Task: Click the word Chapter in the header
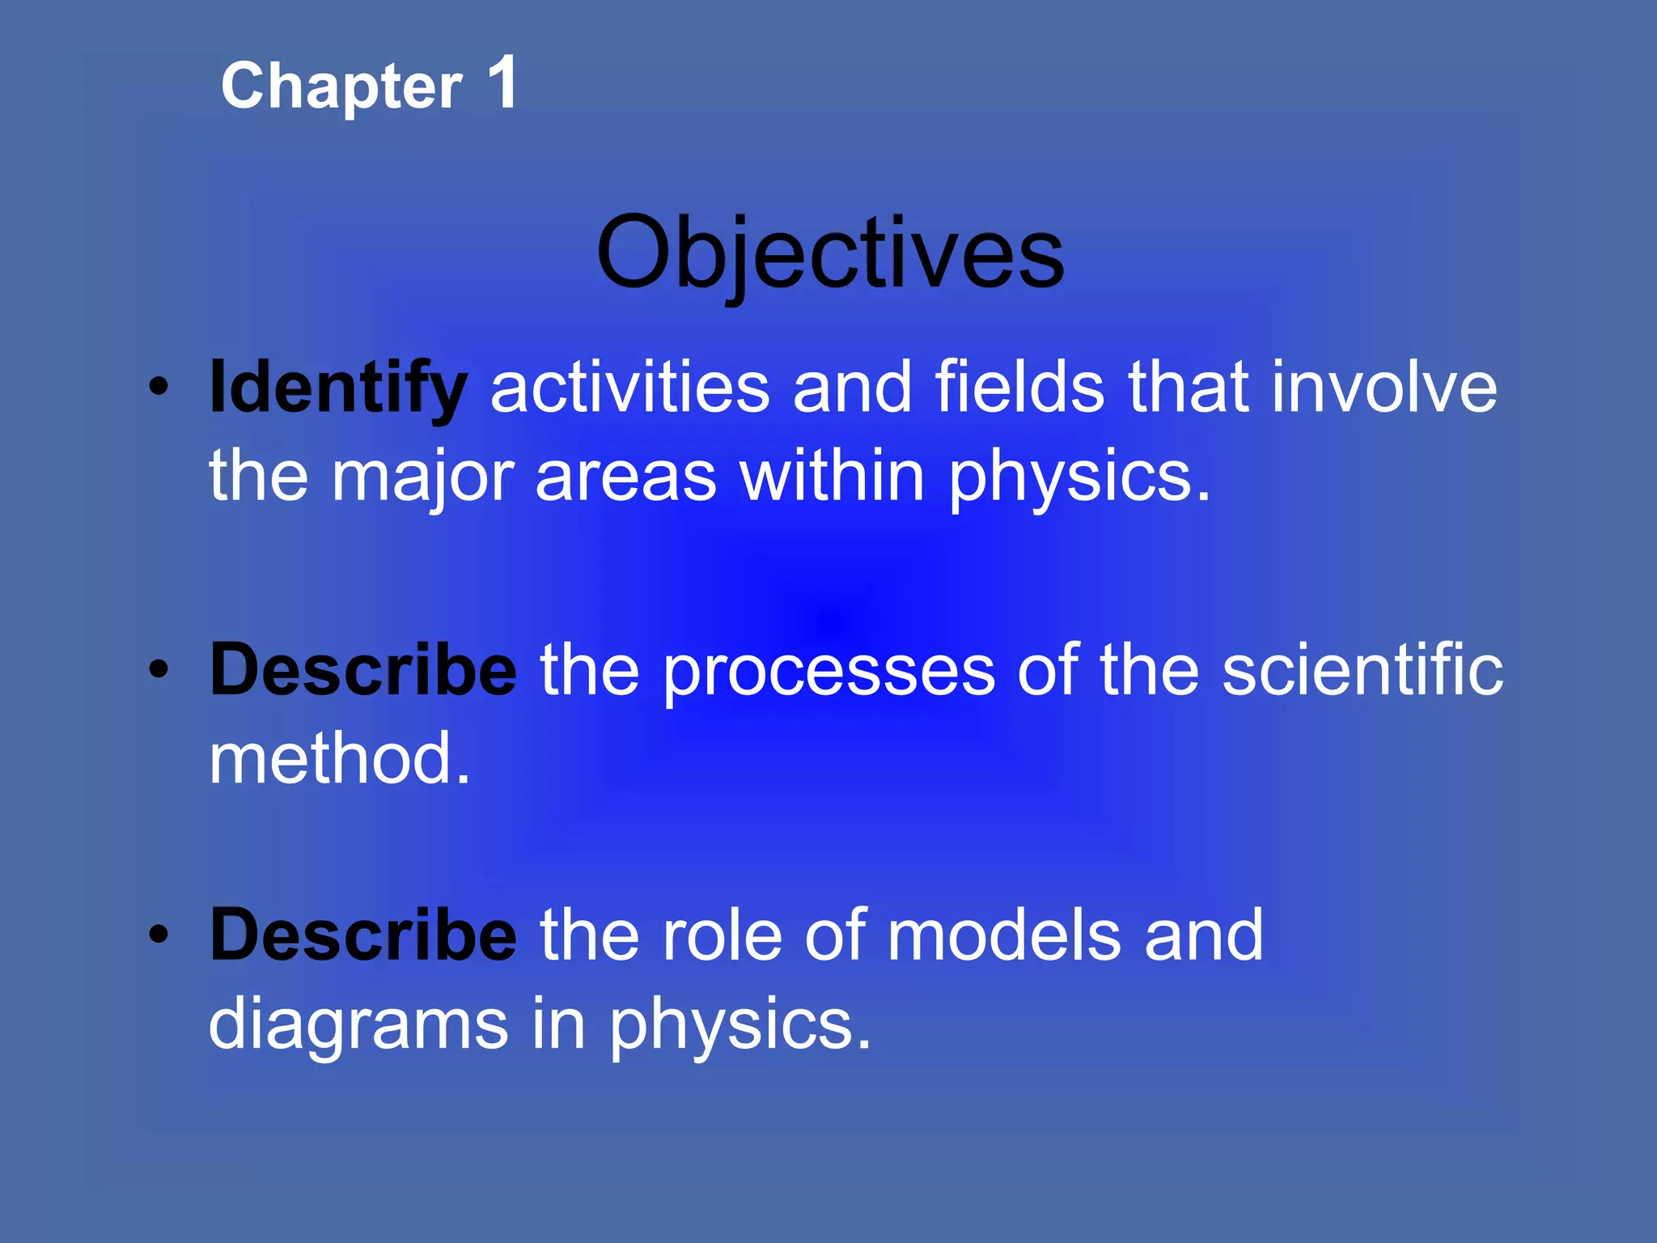click(x=341, y=87)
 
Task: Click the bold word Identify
click(x=337, y=388)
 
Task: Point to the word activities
click(x=629, y=388)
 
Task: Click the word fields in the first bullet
click(x=1019, y=388)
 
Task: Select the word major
click(x=422, y=477)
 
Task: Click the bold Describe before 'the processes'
click(x=362, y=670)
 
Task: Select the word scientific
click(x=1362, y=670)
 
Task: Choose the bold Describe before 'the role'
click(x=362, y=935)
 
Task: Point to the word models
click(x=1003, y=935)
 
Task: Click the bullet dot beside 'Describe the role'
click(x=159, y=935)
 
